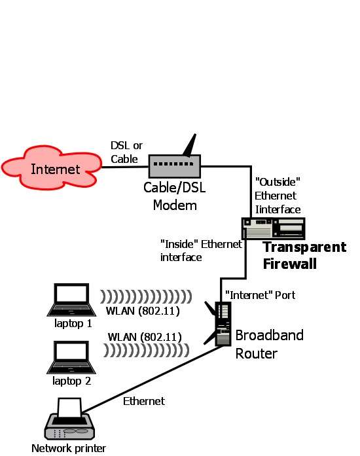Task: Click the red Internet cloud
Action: click(52, 167)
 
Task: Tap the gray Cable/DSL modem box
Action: click(175, 166)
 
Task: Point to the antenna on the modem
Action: click(190, 145)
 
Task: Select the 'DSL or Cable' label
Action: click(126, 152)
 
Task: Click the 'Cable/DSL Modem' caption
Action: click(175, 196)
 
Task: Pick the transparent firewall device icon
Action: click(274, 228)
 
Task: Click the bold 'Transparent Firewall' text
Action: click(304, 255)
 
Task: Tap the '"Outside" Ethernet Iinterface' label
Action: click(278, 196)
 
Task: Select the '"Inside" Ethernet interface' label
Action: click(201, 251)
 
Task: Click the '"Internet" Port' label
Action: click(260, 295)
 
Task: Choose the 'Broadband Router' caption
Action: click(269, 344)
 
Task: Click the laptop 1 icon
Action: click(71, 300)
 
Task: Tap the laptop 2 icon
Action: click(71, 357)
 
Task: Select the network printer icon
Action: click(70, 419)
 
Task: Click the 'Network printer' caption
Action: click(69, 448)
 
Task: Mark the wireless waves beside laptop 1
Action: click(146, 296)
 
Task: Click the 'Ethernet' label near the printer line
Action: click(144, 401)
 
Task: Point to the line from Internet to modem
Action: click(125, 167)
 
